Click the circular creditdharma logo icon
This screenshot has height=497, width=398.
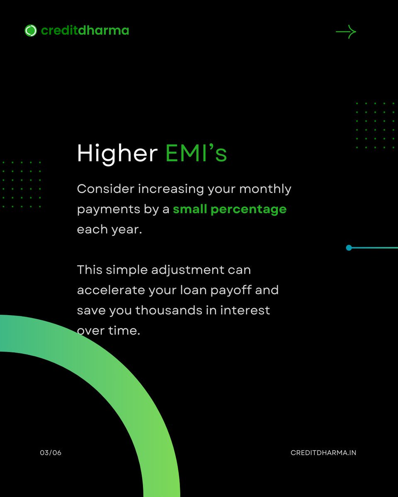(31, 31)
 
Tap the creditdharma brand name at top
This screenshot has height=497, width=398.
(85, 31)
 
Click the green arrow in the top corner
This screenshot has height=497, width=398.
(346, 32)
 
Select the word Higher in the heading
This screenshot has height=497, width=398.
(117, 154)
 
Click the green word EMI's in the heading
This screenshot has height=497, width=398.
(196, 154)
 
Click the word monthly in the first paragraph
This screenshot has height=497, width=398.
(265, 189)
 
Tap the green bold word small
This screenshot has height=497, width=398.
(190, 209)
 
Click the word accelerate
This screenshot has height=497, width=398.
(111, 290)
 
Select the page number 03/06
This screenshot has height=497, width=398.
(51, 453)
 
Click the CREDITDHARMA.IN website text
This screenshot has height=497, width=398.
(323, 453)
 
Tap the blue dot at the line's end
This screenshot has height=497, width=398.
(349, 248)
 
